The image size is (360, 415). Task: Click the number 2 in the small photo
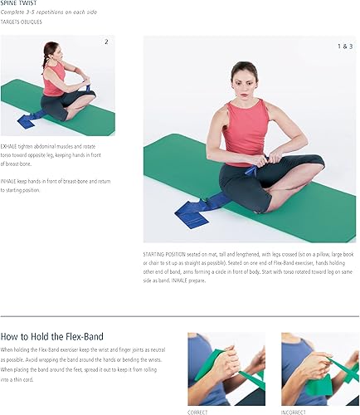coord(106,41)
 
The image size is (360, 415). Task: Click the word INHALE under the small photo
coord(11,179)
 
